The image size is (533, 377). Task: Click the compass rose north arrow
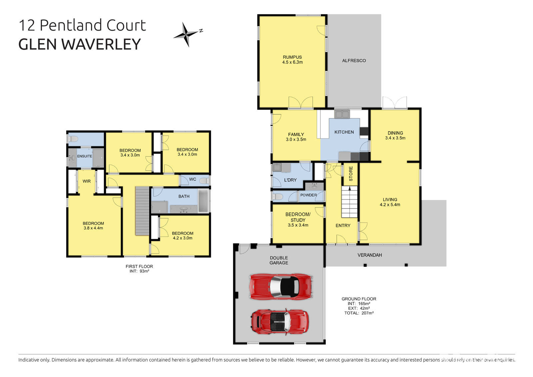point(187,34)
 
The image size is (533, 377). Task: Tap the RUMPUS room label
point(292,57)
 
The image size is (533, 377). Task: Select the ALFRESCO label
point(354,61)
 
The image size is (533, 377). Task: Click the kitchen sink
point(342,115)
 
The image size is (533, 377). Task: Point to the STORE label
point(350,174)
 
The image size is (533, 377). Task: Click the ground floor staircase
point(349,202)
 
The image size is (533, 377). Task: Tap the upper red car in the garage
point(281,286)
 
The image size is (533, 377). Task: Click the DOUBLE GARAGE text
point(279,260)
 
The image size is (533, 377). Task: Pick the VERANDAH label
point(369,255)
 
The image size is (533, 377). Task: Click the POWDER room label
point(308,195)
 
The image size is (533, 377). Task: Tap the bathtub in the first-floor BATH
point(204,201)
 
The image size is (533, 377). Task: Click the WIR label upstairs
point(87,181)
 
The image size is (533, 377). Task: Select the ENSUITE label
point(85,156)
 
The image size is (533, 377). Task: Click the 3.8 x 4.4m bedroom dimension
point(93,228)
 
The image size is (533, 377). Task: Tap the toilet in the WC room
point(204,181)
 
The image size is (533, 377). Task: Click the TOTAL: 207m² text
point(359,313)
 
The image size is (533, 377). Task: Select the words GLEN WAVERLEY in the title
point(80,44)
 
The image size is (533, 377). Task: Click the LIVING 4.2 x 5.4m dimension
point(390,204)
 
